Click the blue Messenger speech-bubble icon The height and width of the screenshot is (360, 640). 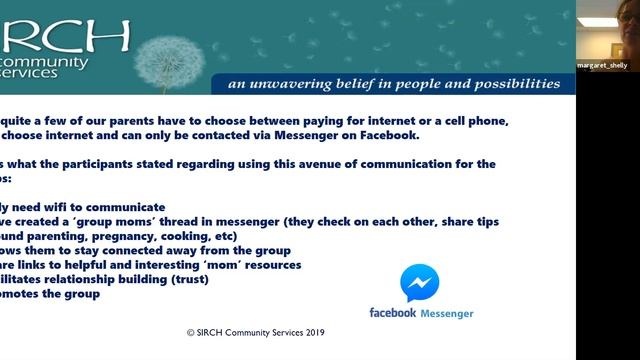[x=419, y=283]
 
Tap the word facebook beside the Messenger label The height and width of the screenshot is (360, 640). [x=391, y=313]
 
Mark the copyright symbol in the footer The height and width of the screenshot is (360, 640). [x=191, y=333]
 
